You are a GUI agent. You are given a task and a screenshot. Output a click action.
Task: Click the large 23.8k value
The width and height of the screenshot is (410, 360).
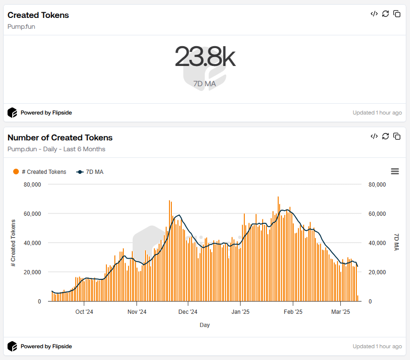205,57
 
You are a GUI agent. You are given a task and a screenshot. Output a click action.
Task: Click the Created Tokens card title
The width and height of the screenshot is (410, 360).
38,15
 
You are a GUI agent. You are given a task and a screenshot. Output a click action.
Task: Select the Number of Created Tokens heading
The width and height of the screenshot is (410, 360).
60,138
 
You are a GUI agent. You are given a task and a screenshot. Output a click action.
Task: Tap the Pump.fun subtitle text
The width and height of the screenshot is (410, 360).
21,26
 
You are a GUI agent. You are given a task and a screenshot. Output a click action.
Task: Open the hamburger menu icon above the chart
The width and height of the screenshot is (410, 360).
394,172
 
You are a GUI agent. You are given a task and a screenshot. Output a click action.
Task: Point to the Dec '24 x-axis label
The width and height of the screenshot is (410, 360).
188,312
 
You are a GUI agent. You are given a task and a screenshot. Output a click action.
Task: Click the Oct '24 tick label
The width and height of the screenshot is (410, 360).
84,312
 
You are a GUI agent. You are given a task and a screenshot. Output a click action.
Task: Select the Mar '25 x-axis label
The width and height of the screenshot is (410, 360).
340,312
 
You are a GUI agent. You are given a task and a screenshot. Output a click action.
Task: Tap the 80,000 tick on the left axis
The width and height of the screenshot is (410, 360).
32,185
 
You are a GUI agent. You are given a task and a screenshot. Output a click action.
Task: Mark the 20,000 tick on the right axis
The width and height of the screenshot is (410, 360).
377,272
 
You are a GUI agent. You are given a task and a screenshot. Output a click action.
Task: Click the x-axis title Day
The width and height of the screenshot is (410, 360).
205,325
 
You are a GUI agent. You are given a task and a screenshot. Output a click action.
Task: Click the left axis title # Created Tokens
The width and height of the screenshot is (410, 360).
13,243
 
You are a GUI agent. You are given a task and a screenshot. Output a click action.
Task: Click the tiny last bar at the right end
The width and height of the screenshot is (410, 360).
358,298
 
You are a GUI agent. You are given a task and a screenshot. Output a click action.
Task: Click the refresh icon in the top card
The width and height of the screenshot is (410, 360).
386,14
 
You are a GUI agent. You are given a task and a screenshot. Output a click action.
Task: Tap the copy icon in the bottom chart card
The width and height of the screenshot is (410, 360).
397,136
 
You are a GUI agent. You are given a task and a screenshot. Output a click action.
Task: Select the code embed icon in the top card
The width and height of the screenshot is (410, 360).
374,14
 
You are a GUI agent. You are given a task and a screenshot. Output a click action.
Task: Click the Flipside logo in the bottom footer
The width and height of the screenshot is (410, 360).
12,346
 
